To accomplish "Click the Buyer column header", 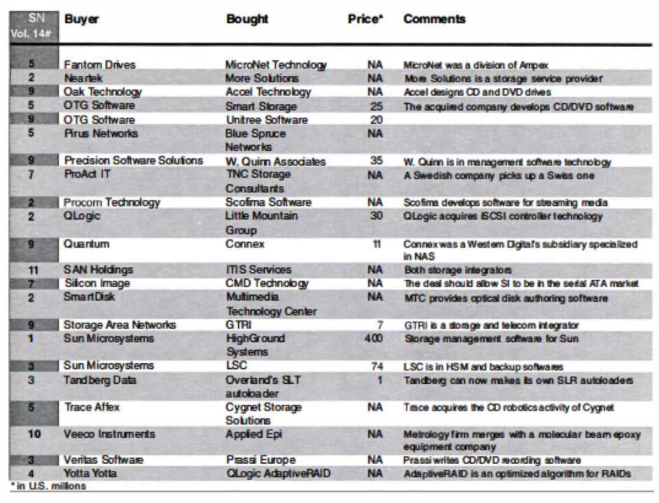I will [x=81, y=19].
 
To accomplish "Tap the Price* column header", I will [x=365, y=19].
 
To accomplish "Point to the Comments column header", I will [x=434, y=19].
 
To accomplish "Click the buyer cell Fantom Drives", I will [x=99, y=65].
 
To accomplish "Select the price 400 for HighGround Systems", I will [x=373, y=339].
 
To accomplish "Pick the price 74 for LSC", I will [x=376, y=366].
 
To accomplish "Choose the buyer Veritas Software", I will [x=104, y=460].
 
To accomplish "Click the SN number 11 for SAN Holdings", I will [x=31, y=269].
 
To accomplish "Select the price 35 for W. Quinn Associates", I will [x=376, y=161].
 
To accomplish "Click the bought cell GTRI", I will [x=238, y=325].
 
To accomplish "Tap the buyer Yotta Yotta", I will [x=91, y=474].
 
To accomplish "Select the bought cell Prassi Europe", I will [x=260, y=460].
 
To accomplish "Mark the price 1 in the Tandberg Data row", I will [x=378, y=380].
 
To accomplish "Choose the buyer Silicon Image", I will [x=97, y=283].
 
